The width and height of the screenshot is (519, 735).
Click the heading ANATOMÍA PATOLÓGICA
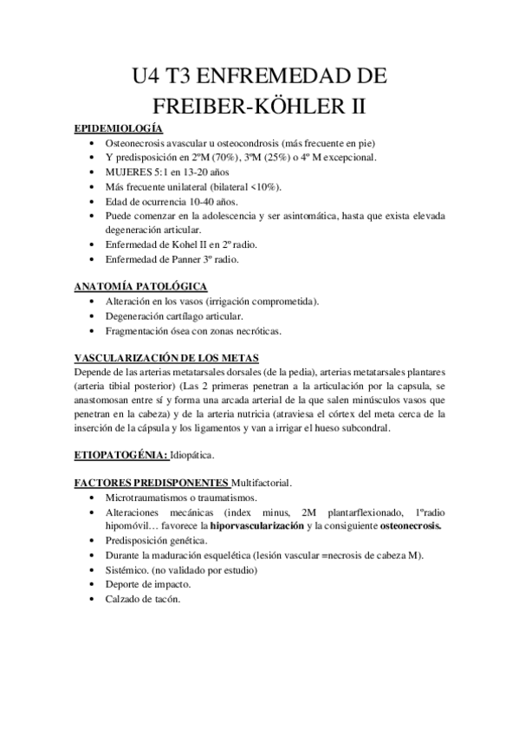tap(140, 286)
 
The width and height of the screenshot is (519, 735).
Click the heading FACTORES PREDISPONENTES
tap(152, 482)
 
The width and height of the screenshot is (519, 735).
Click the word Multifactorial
tap(263, 482)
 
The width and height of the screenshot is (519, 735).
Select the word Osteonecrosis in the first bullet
tap(138, 143)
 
